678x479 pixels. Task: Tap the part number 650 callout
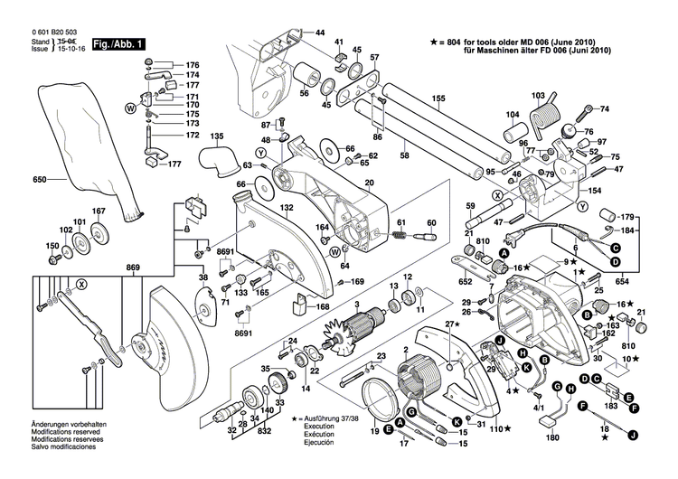(39, 180)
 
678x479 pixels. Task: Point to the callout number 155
(438, 98)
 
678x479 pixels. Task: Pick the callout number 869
(134, 268)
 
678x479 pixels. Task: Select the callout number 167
(99, 211)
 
